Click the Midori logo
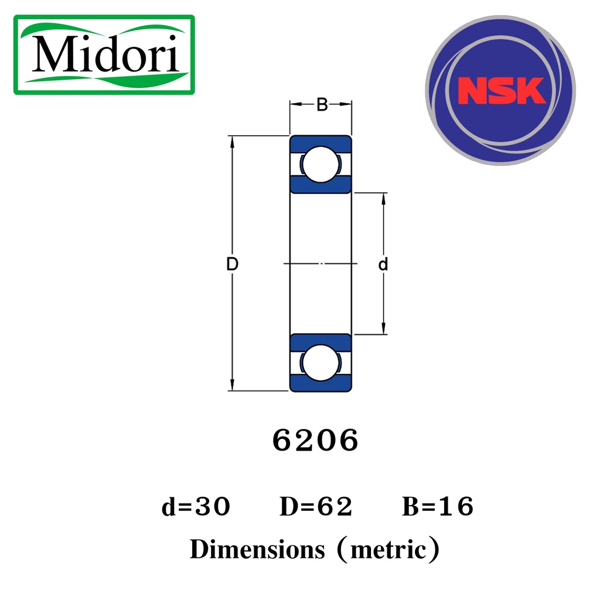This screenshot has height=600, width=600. click(104, 54)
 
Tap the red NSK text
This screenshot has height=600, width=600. click(502, 91)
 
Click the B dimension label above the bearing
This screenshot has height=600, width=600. click(322, 104)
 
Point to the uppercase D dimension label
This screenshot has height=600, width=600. click(232, 264)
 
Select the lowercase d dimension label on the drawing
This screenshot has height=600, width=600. click(383, 264)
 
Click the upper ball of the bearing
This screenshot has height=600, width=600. click(321, 165)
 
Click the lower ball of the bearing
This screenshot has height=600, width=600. click(321, 363)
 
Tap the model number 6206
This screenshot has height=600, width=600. click(315, 441)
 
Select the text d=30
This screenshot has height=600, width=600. click(196, 506)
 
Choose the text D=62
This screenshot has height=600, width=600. click(316, 506)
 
